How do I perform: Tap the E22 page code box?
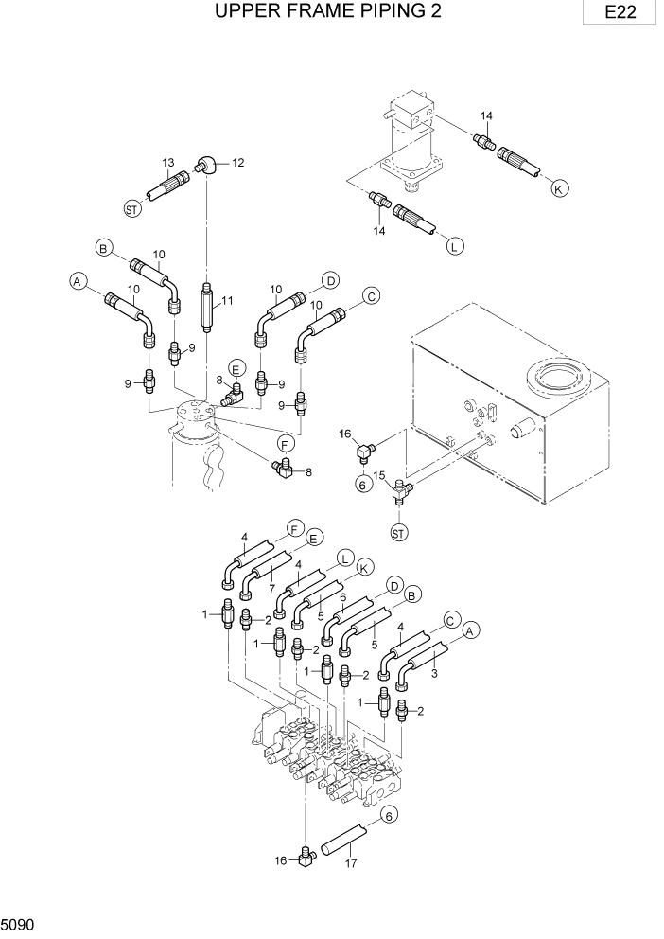tap(620, 12)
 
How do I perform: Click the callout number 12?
tap(237, 163)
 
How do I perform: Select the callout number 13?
tap(168, 163)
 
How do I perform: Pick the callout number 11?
tap(226, 302)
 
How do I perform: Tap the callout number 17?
tap(352, 862)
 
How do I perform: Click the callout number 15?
tap(378, 475)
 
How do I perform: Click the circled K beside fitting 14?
tap(559, 188)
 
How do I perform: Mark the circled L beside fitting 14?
tap(454, 247)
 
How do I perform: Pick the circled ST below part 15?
tap(399, 533)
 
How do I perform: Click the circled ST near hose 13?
tap(133, 206)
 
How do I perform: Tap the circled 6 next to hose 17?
tap(386, 813)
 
